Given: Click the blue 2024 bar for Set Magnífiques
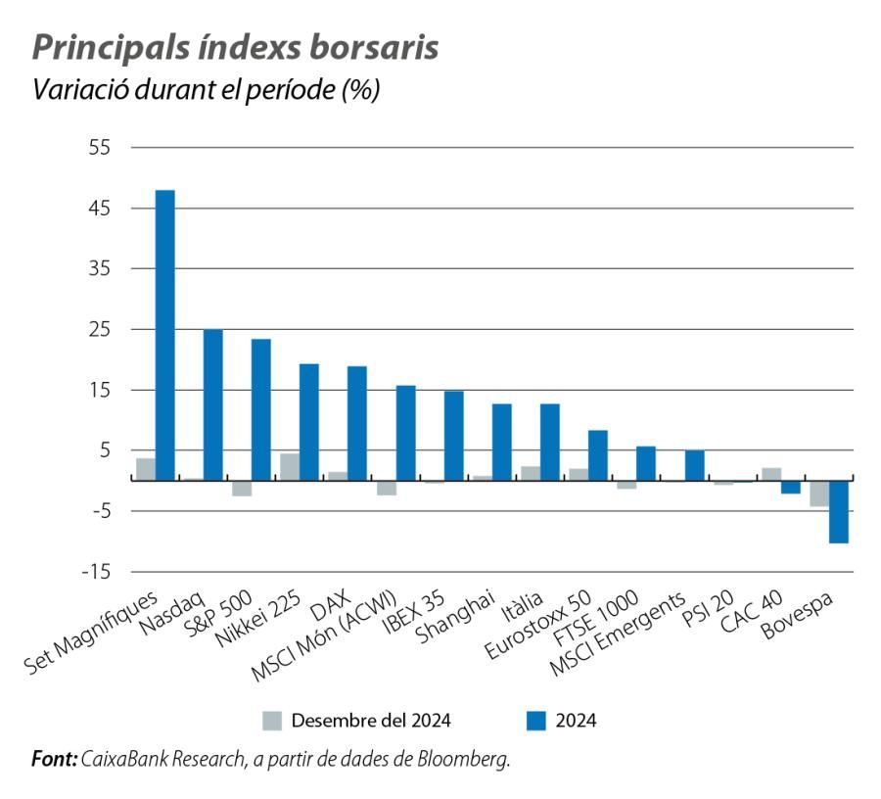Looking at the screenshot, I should [x=164, y=335].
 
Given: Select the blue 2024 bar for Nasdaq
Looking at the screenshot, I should [x=212, y=404].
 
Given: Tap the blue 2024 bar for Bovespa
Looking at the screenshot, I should [x=838, y=511].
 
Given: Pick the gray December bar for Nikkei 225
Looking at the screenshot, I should [x=290, y=467].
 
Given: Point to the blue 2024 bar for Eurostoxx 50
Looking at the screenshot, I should [x=597, y=455].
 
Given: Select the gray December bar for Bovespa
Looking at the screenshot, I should [x=819, y=493].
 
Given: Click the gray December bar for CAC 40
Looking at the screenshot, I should [x=771, y=474].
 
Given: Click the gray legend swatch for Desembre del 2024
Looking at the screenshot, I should [x=272, y=722].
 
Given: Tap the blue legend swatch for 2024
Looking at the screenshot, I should [x=533, y=722].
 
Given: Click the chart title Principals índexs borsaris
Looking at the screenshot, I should [x=235, y=49].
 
